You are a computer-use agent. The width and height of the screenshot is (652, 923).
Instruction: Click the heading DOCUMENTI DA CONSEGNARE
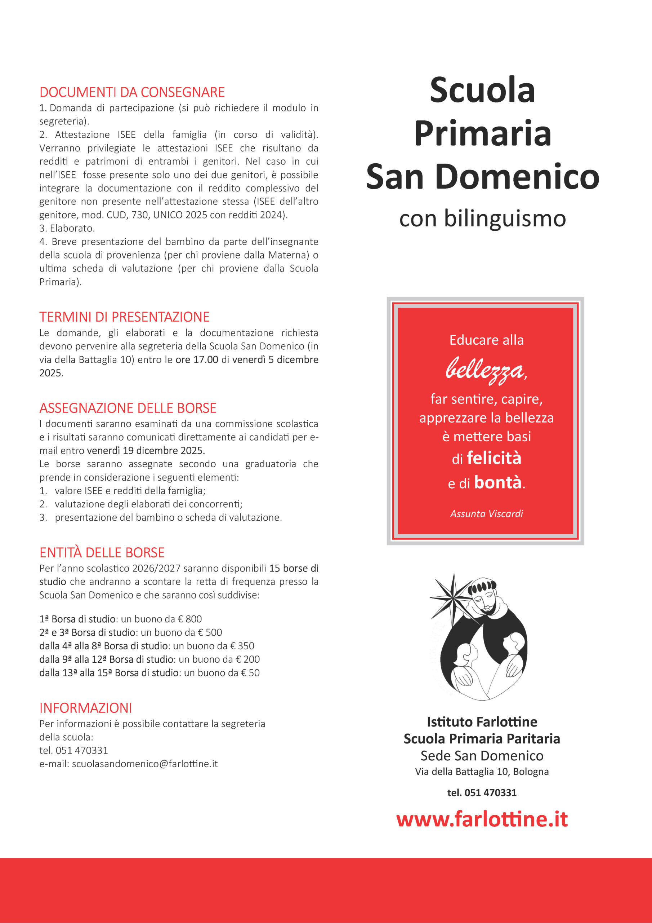coord(132,92)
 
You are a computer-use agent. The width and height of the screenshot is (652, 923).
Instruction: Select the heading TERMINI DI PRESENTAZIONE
coord(124,317)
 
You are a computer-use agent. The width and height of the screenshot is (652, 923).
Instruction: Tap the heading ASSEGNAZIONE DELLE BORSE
coord(128,408)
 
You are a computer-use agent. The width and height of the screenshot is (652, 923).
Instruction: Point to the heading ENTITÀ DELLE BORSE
coord(102,553)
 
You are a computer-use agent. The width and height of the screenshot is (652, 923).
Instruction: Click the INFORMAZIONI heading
coord(86,708)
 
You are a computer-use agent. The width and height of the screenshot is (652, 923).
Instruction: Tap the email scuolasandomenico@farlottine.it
coord(144,764)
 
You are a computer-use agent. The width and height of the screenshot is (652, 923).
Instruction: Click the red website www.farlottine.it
coord(482,819)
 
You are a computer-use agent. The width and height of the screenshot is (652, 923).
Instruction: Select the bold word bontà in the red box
coord(498,482)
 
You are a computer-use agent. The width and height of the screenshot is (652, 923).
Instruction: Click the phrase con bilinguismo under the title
coord(482,219)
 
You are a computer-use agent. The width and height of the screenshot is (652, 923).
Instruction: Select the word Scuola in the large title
coord(482,90)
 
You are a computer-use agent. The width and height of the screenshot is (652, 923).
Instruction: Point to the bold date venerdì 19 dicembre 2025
coord(146,451)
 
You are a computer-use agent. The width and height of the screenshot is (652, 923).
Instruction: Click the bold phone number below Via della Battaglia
coord(482,793)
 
